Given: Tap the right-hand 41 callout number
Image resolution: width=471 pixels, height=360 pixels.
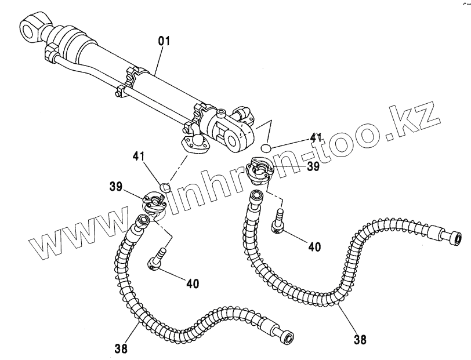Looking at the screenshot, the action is [316, 137].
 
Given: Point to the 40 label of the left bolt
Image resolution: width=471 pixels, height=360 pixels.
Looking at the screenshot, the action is [193, 283].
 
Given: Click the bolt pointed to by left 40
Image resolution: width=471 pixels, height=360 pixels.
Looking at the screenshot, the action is [154, 261].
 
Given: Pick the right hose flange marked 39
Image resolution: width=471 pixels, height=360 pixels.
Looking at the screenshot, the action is [258, 170].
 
